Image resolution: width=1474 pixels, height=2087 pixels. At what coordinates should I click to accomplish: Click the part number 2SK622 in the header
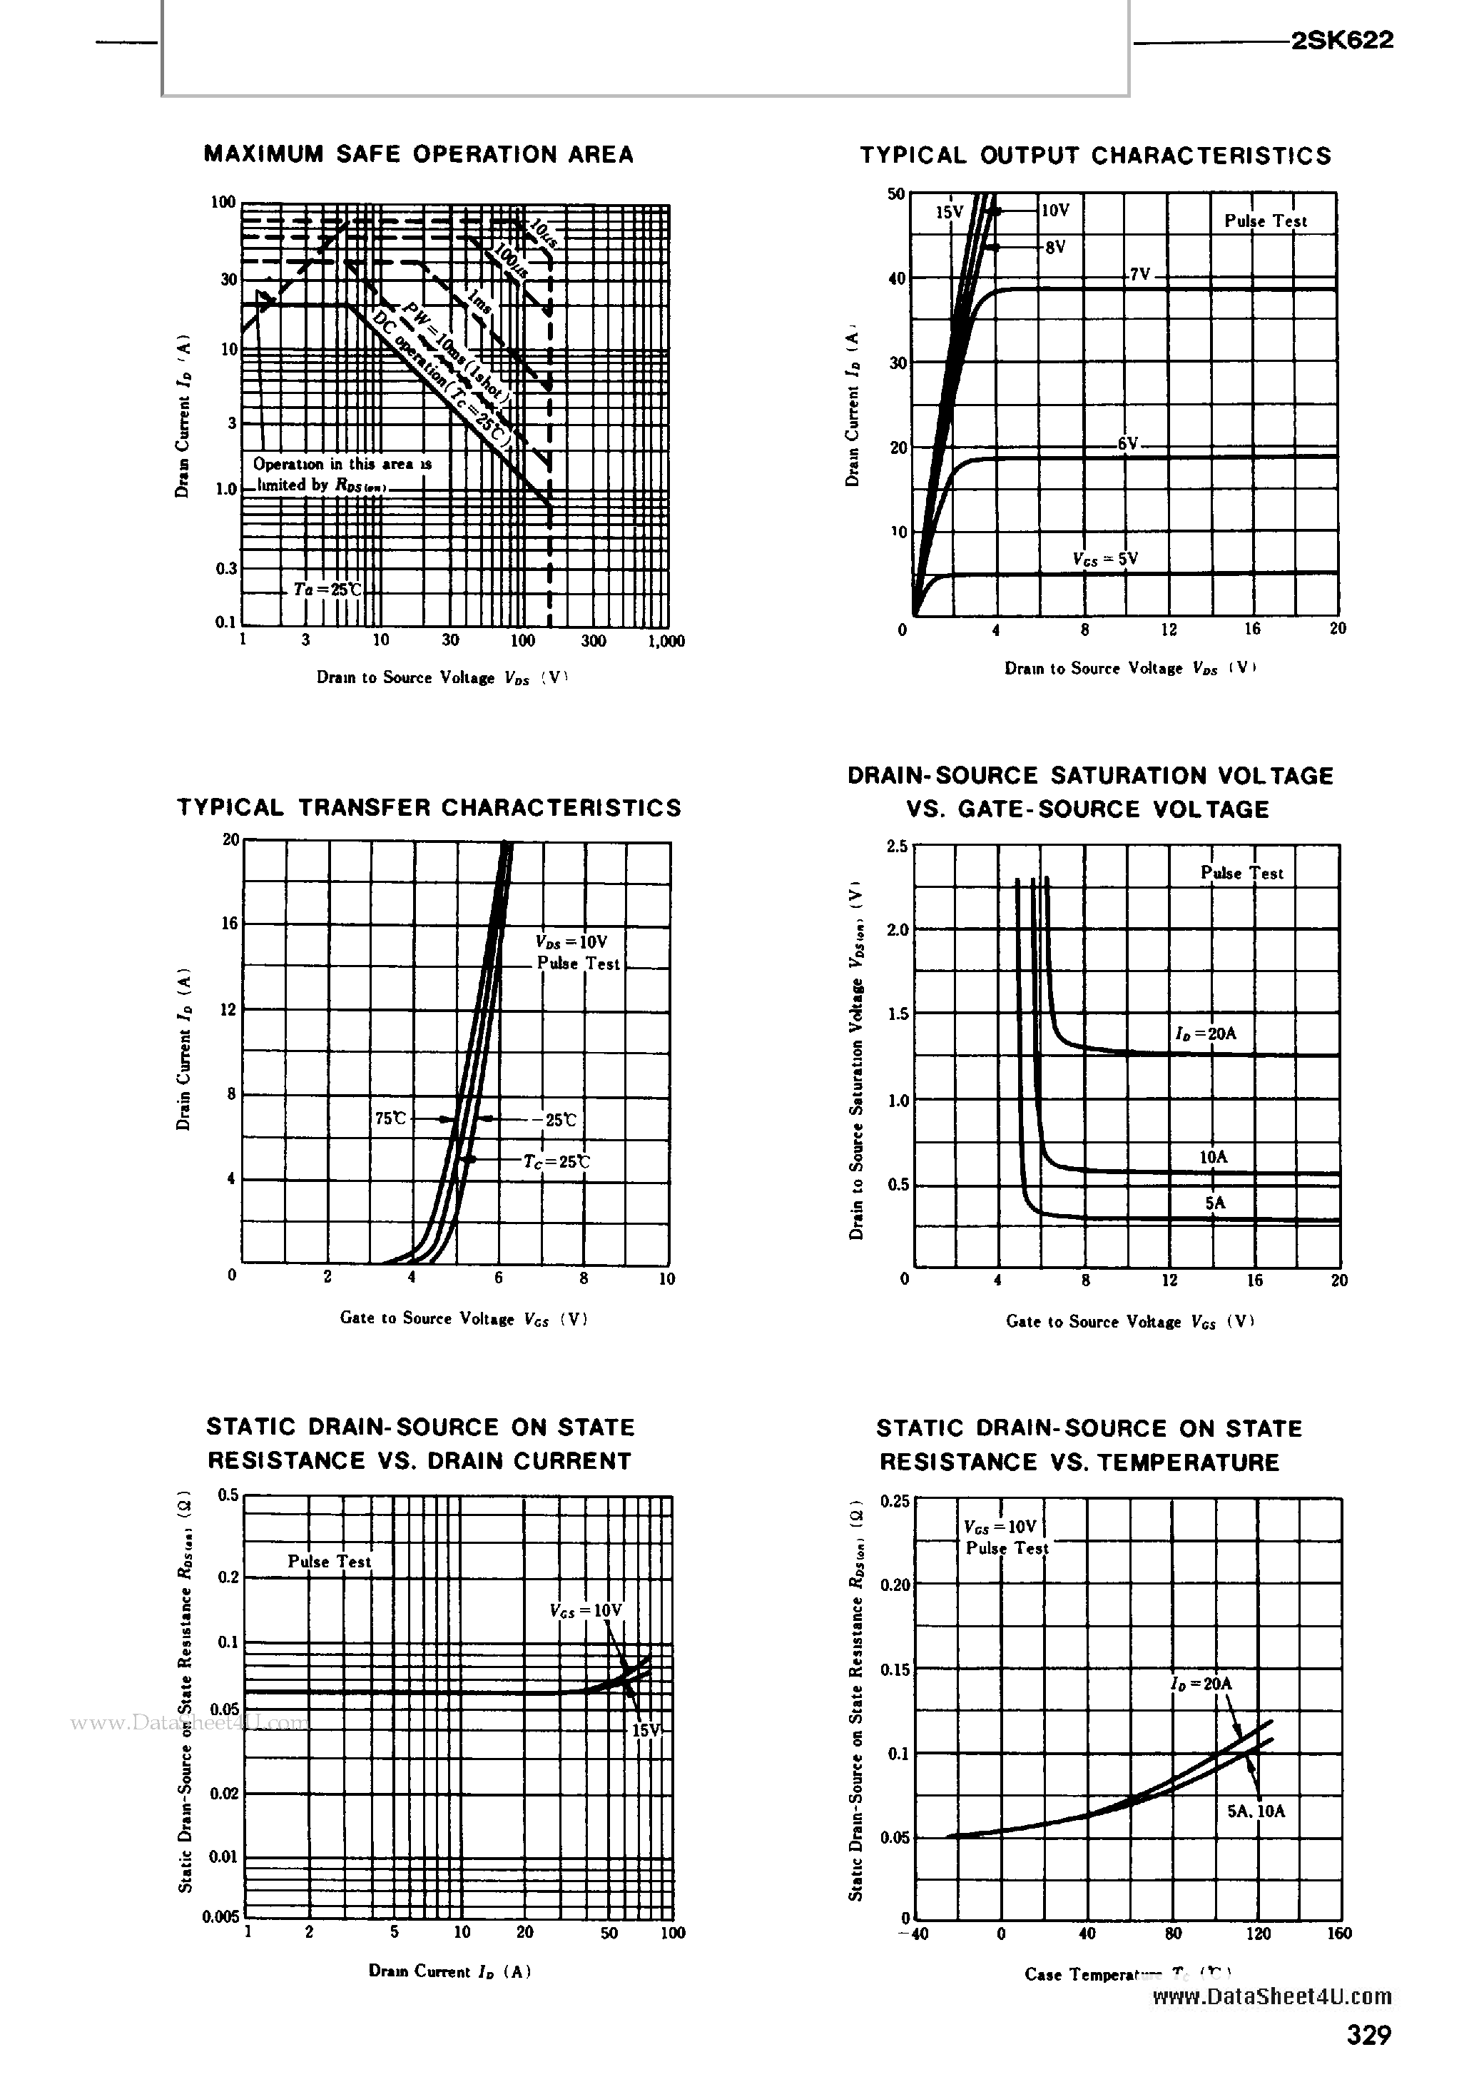(x=1341, y=40)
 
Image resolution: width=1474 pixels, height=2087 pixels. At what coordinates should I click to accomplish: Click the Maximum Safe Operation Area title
(x=418, y=154)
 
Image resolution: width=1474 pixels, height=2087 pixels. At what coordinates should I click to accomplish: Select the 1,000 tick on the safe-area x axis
(x=666, y=641)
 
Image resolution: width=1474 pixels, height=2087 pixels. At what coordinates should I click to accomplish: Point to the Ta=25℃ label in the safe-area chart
(x=327, y=589)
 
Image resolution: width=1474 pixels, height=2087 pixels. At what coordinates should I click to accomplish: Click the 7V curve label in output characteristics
(x=1139, y=273)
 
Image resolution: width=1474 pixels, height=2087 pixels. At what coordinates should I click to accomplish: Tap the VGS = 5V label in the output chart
(x=1105, y=559)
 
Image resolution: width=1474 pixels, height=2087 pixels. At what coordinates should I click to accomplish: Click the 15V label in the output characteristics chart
(x=949, y=213)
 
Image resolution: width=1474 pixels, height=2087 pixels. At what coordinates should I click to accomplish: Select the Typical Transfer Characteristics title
(x=429, y=808)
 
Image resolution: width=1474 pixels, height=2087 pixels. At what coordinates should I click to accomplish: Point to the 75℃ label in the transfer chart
(x=391, y=1119)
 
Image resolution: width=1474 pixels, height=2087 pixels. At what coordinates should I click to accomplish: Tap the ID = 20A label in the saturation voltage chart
(x=1205, y=1034)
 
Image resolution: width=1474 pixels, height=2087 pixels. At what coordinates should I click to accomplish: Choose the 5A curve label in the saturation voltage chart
(x=1215, y=1203)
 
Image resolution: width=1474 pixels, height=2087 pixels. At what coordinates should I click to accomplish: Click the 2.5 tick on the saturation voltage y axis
(x=896, y=847)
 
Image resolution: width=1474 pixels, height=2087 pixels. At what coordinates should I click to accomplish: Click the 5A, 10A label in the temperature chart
(x=1256, y=1811)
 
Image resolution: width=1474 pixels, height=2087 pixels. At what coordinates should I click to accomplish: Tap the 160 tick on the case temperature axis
(x=1338, y=1934)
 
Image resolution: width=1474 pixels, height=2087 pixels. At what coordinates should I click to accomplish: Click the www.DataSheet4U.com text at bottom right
(x=1271, y=1996)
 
